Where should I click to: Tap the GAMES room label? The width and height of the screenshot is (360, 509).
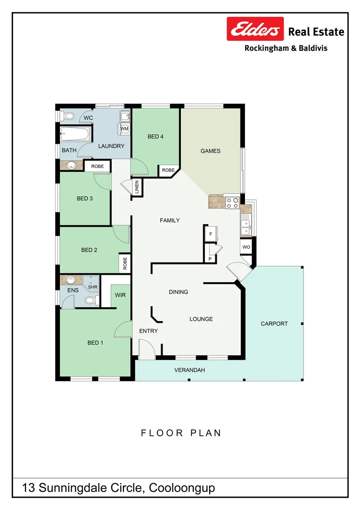[x=210, y=151]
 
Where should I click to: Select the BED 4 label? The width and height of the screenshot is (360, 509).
[x=155, y=137]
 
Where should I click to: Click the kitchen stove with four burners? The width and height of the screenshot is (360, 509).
[x=232, y=202]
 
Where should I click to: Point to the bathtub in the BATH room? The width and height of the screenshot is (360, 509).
[x=75, y=135]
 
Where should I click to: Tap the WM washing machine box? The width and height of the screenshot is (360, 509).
[x=124, y=128]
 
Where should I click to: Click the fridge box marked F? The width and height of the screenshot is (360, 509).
[x=210, y=233]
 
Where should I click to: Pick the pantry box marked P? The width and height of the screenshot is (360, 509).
[x=210, y=259]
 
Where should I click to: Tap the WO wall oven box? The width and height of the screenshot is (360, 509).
[x=246, y=247]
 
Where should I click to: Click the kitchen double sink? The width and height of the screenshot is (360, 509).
[x=245, y=227]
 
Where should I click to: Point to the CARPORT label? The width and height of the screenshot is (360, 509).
[x=274, y=324]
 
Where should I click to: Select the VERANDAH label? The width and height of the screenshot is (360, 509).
[x=189, y=370]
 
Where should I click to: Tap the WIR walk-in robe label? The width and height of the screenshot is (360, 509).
[x=121, y=295]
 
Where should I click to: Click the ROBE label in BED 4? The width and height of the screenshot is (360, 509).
[x=168, y=170]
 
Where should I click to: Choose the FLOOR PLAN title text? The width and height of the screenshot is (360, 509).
[x=181, y=433]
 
